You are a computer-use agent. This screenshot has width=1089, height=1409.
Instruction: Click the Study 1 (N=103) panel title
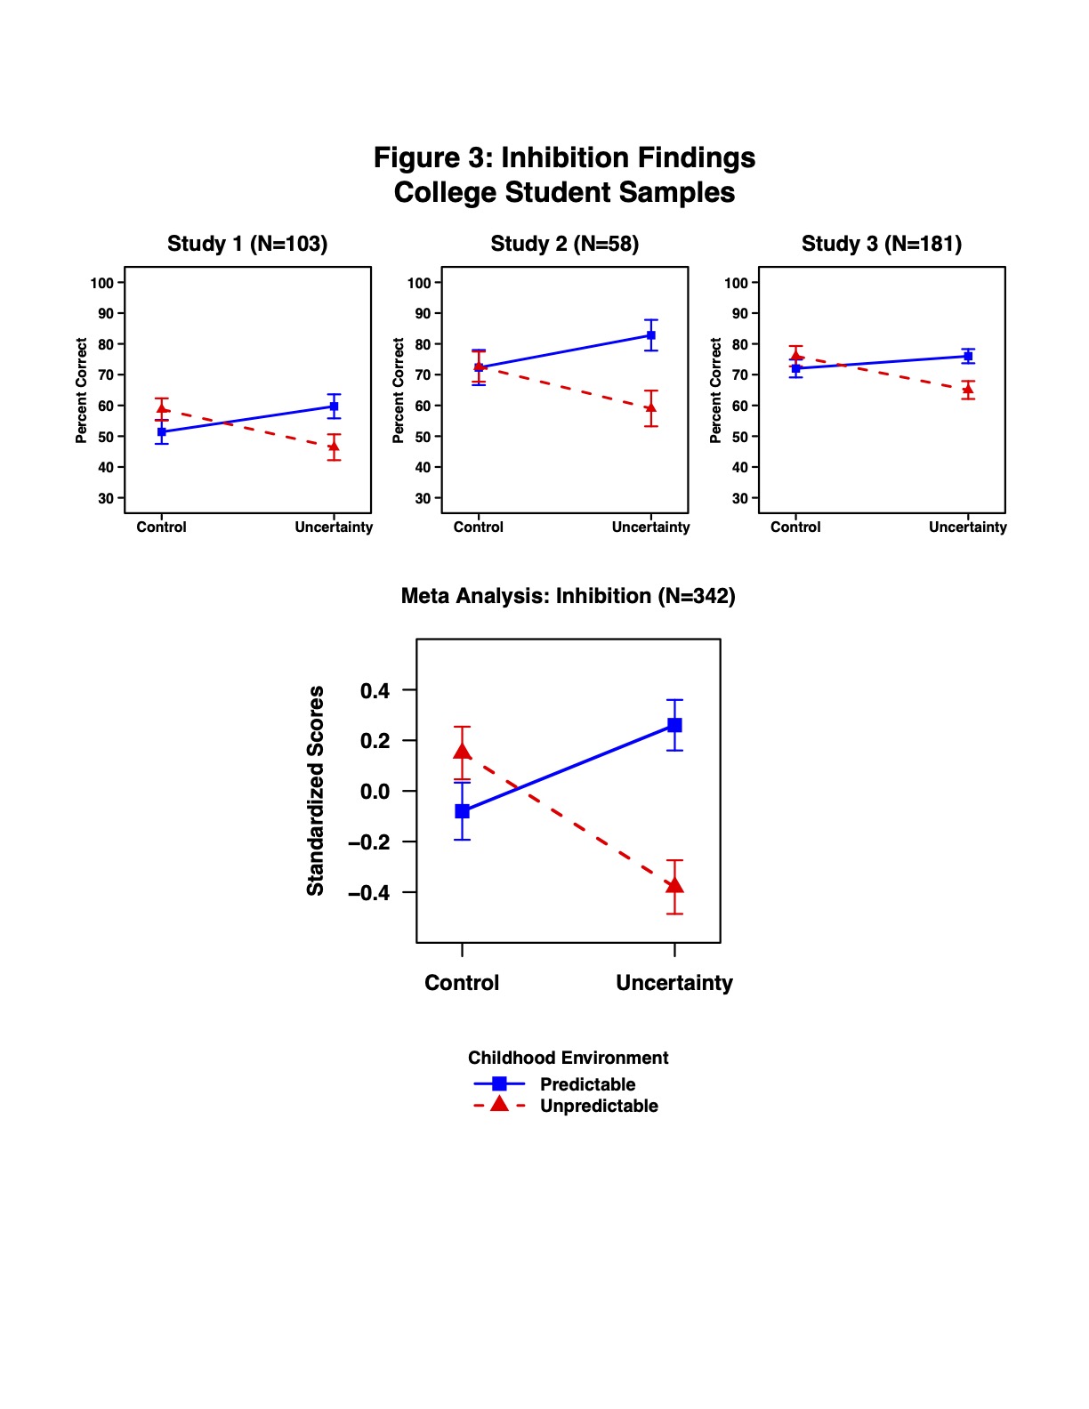coord(247,244)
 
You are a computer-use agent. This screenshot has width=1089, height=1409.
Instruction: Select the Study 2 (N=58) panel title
coord(564,244)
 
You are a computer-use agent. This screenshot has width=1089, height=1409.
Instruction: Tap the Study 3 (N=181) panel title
coord(882,244)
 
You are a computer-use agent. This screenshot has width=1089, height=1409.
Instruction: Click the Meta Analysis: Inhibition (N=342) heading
coord(568,596)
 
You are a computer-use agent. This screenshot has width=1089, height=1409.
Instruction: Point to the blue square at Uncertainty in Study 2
coord(650,335)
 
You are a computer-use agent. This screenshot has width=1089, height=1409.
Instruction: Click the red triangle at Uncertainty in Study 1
coord(334,447)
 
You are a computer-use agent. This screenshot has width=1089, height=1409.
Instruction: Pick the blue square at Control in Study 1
coord(162,431)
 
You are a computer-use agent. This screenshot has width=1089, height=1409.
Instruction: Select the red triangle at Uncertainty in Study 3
coord(968,389)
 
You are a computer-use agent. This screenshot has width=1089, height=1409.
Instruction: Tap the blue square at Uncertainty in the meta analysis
coord(674,725)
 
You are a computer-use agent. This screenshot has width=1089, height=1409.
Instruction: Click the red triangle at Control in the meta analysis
coord(462,752)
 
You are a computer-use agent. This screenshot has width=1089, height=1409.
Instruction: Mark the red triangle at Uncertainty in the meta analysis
coord(674,885)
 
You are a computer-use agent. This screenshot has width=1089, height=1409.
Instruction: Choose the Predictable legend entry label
coord(587,1084)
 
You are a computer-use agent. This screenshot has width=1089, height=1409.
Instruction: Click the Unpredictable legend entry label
coord(599,1106)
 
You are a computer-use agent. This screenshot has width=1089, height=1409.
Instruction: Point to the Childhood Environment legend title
coord(569,1058)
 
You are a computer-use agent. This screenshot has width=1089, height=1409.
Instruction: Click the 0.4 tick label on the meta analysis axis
coord(375,690)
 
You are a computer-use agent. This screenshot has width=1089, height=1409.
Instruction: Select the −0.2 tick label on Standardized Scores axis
coord(369,842)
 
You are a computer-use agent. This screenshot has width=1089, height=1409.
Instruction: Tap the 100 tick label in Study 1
coord(101,283)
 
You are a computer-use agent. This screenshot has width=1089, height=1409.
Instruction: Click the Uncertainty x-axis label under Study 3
coord(968,527)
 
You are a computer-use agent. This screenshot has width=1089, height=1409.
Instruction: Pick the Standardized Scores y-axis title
coord(315,791)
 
